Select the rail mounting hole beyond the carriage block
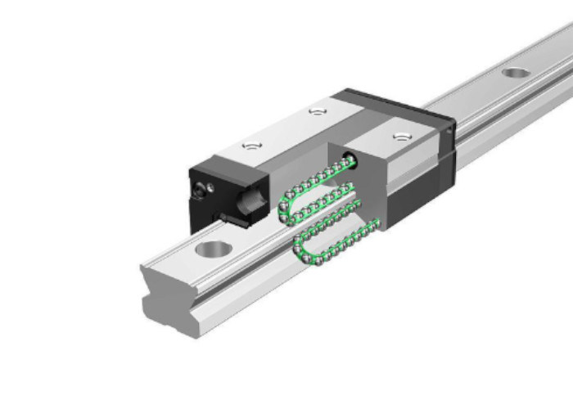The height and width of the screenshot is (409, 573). pos(515,73)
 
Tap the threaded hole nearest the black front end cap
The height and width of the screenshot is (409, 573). pos(250,146)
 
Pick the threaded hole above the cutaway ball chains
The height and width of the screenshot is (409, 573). pos(399,136)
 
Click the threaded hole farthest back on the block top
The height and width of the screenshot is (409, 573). pos(317,110)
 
